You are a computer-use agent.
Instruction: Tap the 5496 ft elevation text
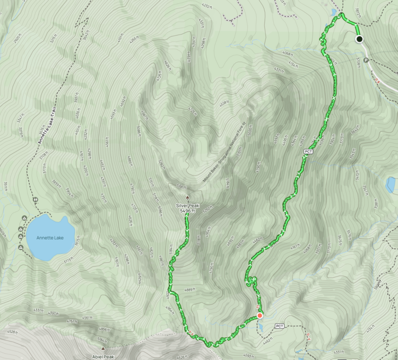click(x=187, y=211)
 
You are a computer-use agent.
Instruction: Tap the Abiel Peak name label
click(x=103, y=357)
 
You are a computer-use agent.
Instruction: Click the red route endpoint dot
click(x=259, y=316)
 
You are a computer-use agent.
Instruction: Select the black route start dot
click(x=359, y=39)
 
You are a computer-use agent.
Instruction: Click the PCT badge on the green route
click(x=308, y=152)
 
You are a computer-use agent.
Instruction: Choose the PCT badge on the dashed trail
click(x=280, y=326)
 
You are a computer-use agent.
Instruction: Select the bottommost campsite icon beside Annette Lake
click(x=21, y=247)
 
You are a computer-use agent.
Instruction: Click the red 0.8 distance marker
click(x=378, y=80)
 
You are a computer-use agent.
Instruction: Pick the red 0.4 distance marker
click(x=309, y=335)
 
